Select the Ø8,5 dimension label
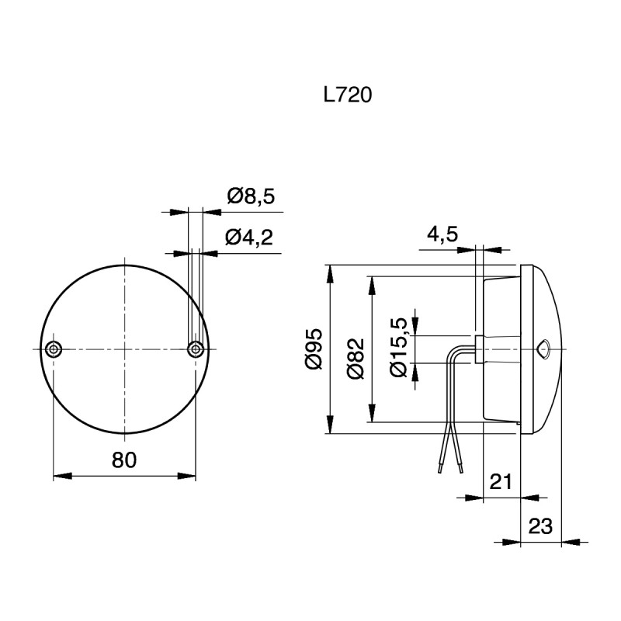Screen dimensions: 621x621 pos(251,196)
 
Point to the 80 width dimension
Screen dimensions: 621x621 pos(124,460)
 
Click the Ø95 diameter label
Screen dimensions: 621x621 pos(314,349)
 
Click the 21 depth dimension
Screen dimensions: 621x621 pos(501,482)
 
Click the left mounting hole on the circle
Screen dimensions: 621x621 pos(53,349)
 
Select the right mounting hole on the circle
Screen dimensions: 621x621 pos(196,349)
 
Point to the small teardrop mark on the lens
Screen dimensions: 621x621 pos(543,349)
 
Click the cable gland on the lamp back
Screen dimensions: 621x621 pos(479,349)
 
